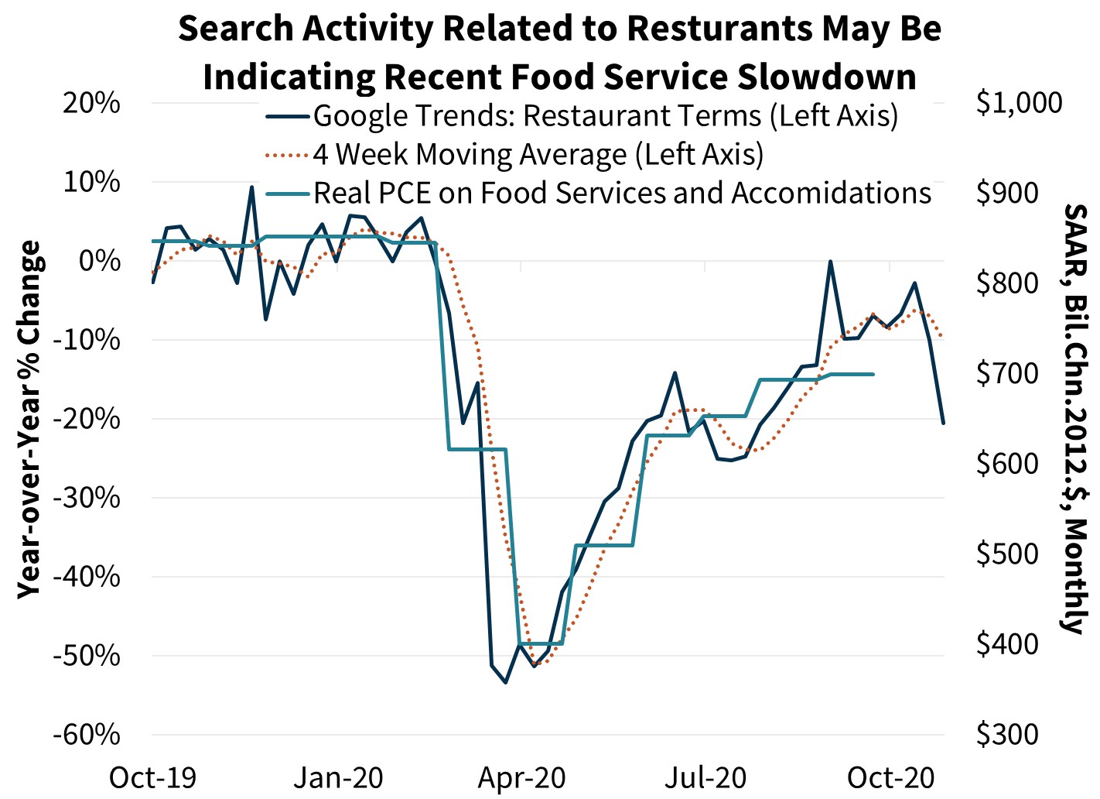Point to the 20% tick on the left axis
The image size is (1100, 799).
pyautogui.click(x=91, y=103)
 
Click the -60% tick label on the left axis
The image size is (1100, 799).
pyautogui.click(x=87, y=734)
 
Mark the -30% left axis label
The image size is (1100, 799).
pyautogui.click(x=87, y=498)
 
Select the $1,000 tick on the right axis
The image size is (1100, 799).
pyautogui.click(x=1019, y=103)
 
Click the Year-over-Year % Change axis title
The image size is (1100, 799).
pyautogui.click(x=29, y=419)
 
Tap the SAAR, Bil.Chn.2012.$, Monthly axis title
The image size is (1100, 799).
pyautogui.click(x=1076, y=419)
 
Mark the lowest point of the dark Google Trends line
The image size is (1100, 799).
pyautogui.click(x=505, y=682)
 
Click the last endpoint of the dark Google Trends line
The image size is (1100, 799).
pyautogui.click(x=943, y=423)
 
